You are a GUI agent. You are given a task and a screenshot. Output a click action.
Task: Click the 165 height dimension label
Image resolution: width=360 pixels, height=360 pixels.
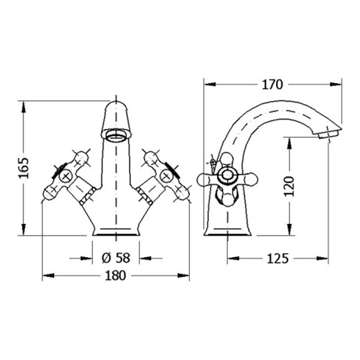24,168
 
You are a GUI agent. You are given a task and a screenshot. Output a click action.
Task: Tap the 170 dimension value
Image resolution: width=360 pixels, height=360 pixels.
272,85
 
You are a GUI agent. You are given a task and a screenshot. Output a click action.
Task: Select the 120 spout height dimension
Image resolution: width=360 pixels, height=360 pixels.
289,186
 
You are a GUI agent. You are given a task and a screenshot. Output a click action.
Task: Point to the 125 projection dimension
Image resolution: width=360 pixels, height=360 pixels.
277,259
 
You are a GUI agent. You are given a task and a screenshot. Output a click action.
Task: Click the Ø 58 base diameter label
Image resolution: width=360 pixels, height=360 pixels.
116,258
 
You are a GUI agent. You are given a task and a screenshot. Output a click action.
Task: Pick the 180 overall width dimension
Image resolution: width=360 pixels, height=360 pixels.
116,275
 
